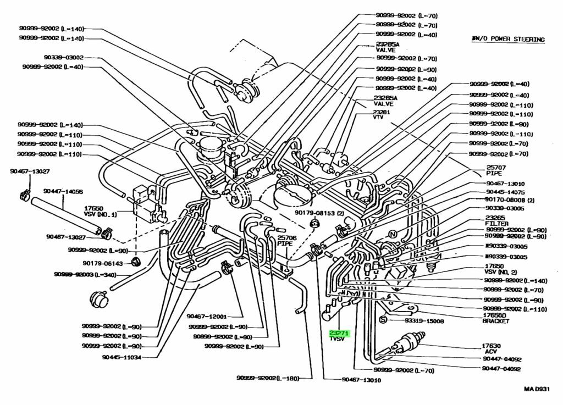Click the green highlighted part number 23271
(x=339, y=334)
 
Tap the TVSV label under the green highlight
(x=336, y=340)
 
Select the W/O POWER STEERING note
(x=507, y=40)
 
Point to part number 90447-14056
(x=63, y=192)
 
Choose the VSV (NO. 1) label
(x=101, y=212)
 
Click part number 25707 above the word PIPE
(x=496, y=167)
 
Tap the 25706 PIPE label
(x=286, y=241)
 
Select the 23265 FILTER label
(x=495, y=221)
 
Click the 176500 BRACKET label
(x=495, y=318)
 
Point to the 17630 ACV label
(x=490, y=349)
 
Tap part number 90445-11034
(x=122, y=357)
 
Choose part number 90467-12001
(x=207, y=317)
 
